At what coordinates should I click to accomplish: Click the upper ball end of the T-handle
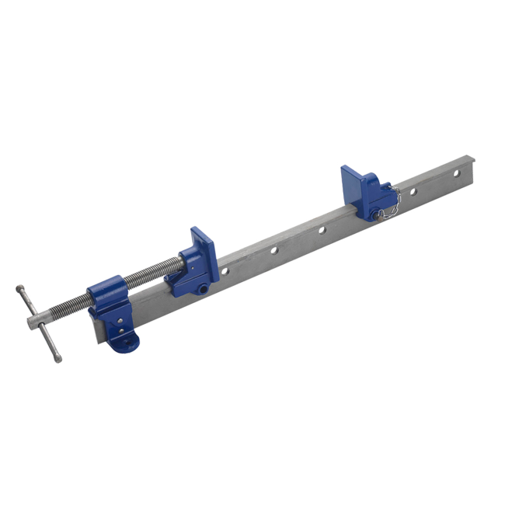tap(19, 289)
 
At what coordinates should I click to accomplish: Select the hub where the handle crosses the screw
tap(36, 320)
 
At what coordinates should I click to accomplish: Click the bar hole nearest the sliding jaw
tap(225, 271)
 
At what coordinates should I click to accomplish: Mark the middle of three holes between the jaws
tap(273, 250)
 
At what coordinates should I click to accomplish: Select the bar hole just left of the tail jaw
tap(320, 230)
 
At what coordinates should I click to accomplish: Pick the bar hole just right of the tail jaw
tap(413, 190)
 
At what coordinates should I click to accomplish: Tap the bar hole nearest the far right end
tap(457, 172)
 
